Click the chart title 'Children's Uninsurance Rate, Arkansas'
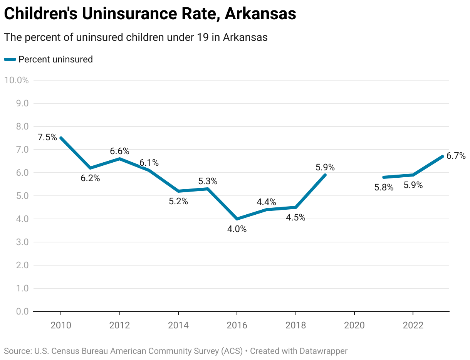150,14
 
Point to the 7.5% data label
47,137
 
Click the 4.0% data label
237,229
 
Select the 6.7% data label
456,156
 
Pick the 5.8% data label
384,188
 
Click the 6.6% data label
119,151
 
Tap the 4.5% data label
295,217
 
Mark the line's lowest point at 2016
237,219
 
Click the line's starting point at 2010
61,138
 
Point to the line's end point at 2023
442,156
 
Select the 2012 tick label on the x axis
120,325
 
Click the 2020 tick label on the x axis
354,325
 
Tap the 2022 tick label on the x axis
413,325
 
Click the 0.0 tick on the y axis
22,311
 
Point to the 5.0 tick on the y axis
22,196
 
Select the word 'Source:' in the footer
18,351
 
